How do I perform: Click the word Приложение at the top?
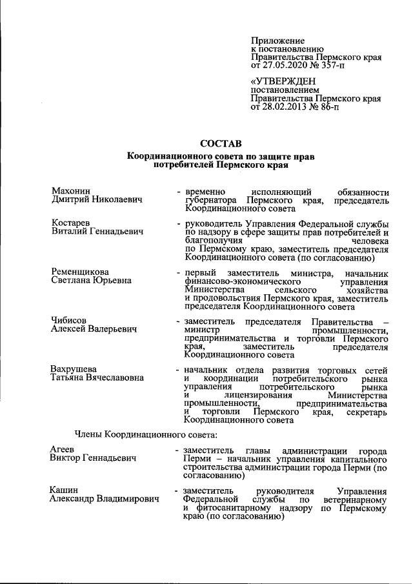(277, 40)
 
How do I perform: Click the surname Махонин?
(70, 191)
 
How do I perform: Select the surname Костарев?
(70, 223)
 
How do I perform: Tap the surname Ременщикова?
(80, 272)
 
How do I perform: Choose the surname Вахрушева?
(75, 369)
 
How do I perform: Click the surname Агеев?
(63, 449)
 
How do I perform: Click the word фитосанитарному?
(228, 508)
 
